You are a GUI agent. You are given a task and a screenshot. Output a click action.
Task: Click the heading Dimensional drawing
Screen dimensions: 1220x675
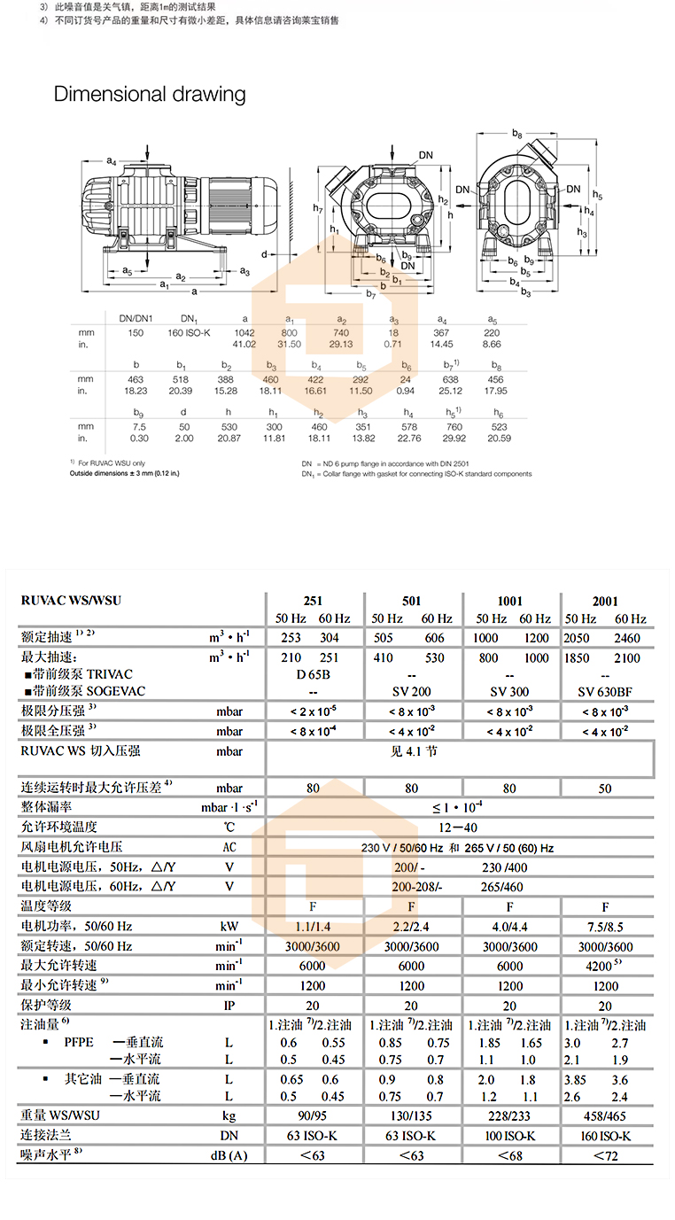150,94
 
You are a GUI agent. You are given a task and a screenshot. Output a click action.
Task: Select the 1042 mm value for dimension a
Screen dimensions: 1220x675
244,332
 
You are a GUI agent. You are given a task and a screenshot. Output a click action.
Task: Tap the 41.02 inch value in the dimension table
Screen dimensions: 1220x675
244,344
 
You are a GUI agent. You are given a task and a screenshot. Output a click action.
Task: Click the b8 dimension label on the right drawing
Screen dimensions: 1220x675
516,132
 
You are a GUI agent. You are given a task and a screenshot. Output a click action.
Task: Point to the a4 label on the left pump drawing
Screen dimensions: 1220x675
112,160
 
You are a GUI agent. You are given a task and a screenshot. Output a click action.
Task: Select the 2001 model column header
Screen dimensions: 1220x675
606,600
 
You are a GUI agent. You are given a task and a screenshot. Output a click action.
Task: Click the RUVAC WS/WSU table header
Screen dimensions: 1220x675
71,600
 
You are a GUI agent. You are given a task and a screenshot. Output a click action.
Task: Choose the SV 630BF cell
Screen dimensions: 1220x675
606,691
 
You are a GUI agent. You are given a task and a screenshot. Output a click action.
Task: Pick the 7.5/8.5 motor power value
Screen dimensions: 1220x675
606,926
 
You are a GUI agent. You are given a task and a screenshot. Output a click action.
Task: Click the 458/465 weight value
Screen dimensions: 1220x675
606,1115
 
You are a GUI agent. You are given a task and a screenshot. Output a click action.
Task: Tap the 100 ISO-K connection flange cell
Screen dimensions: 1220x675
508,1136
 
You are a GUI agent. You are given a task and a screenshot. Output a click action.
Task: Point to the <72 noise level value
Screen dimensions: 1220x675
606,1155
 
